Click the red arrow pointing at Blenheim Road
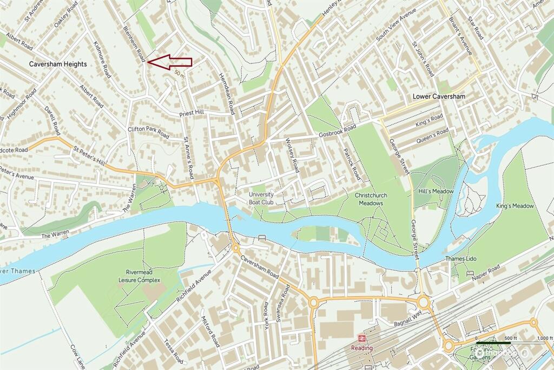coord(170,63)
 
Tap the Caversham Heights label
coord(58,64)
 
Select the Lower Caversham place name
coord(439,96)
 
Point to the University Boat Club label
coord(261,198)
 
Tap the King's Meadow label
coord(515,206)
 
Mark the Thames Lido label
coord(460,259)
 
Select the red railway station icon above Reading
coord(362,338)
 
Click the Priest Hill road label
coord(192,113)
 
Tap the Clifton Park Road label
coord(148,133)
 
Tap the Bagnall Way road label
coord(400,316)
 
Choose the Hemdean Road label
coord(227,94)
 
